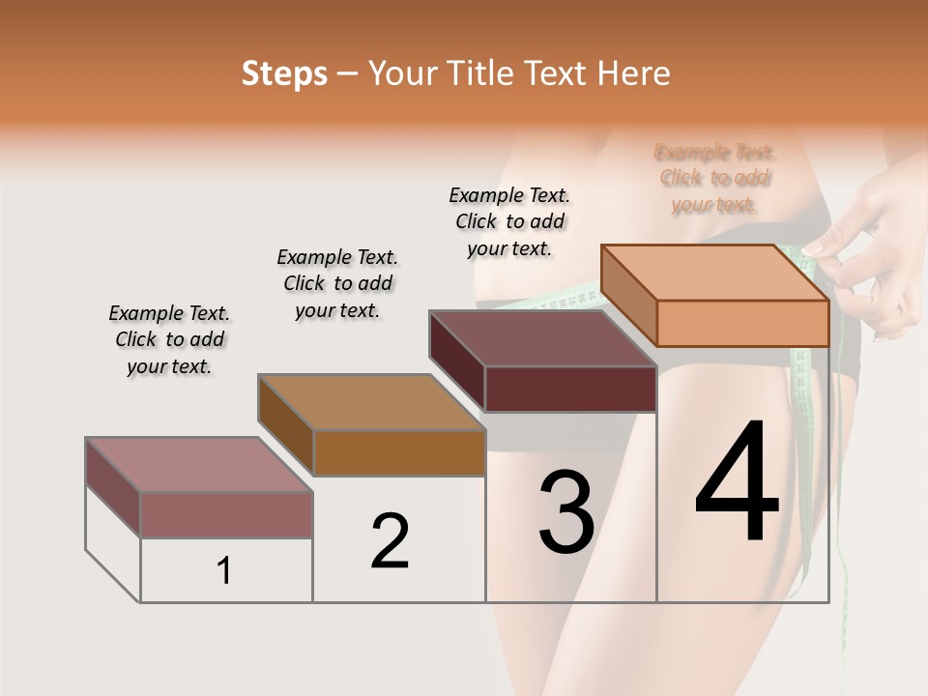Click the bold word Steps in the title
pyautogui.click(x=284, y=73)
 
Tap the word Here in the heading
pyautogui.click(x=633, y=73)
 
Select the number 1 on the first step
pyautogui.click(x=224, y=570)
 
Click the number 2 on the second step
pyautogui.click(x=390, y=541)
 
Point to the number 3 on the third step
pyautogui.click(x=565, y=512)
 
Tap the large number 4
pyautogui.click(x=737, y=483)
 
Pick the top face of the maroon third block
pyautogui.click(x=541, y=338)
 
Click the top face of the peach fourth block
pyautogui.click(x=715, y=273)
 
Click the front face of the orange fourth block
pyautogui.click(x=742, y=323)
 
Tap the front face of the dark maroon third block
pyautogui.click(x=570, y=389)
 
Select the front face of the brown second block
pyautogui.click(x=399, y=452)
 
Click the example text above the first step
pyautogui.click(x=169, y=339)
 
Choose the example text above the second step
pyautogui.click(x=337, y=283)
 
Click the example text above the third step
pyautogui.click(x=509, y=221)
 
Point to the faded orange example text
pyautogui.click(x=714, y=178)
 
